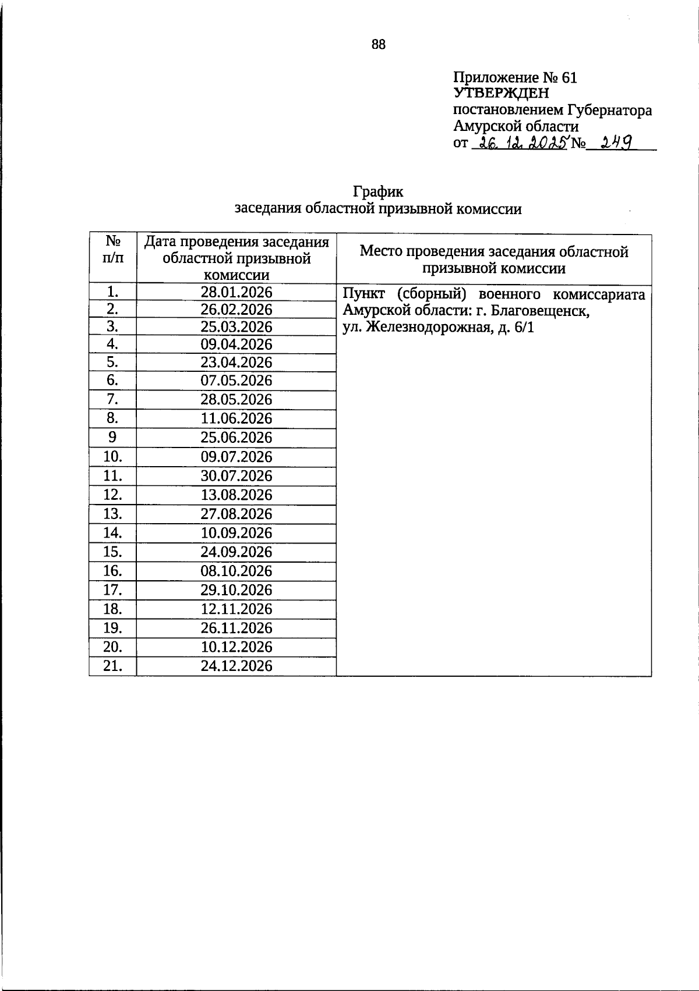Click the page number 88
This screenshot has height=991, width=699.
tap(378, 45)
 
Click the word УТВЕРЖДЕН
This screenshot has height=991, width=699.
tap(501, 93)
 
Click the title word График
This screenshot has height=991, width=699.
tap(377, 191)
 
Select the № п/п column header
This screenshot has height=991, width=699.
tap(113, 249)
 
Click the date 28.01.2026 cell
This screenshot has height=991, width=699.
tap(236, 292)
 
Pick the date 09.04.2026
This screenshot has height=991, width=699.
tap(236, 344)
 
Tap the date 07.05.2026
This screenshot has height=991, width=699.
tap(236, 381)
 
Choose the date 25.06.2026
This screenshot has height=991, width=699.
tap(236, 438)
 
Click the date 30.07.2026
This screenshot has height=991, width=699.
tap(236, 476)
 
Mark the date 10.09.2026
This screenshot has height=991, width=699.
tap(236, 533)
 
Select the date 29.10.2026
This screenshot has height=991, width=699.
tap(236, 590)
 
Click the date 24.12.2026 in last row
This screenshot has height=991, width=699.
tap(236, 666)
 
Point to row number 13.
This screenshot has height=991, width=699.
tap(113, 514)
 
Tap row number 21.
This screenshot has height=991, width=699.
tap(113, 666)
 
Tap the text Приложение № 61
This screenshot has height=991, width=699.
tap(515, 77)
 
